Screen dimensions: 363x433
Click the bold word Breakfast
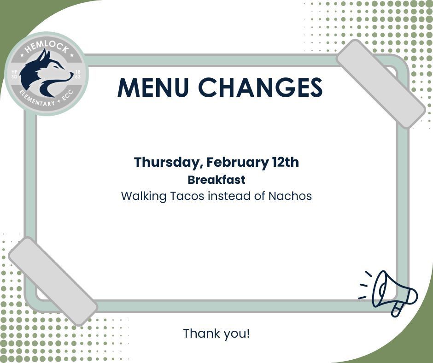coord(216,180)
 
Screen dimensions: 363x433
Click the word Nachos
coord(290,196)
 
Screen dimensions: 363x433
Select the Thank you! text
coord(216,333)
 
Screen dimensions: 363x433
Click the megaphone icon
coord(392,293)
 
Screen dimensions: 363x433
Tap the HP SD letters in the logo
coord(14,74)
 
